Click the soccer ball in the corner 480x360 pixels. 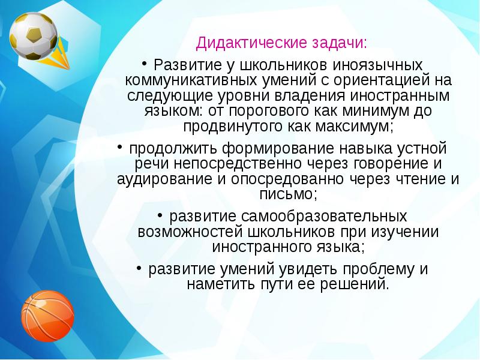pos(34,35)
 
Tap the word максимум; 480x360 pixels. pos(338,127)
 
